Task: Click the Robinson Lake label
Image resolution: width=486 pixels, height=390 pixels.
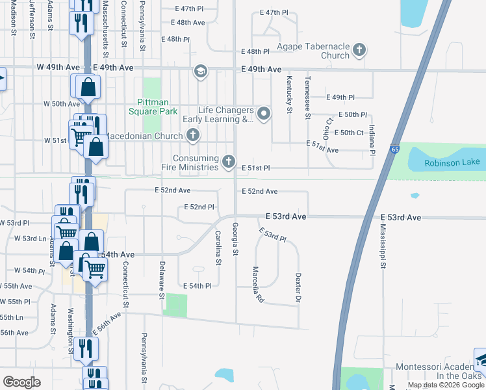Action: click(x=452, y=162)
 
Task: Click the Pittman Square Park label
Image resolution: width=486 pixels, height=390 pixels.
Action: click(x=157, y=107)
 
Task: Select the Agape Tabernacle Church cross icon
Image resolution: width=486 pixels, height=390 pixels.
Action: click(x=359, y=49)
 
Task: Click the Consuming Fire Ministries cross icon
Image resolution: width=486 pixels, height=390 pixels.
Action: click(x=228, y=161)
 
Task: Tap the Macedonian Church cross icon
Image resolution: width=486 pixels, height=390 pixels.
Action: click(x=192, y=136)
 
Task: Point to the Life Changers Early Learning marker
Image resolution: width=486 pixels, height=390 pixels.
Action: click(x=264, y=114)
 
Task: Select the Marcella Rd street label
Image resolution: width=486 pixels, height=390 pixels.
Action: click(x=257, y=285)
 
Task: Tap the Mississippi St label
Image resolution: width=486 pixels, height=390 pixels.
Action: click(x=383, y=248)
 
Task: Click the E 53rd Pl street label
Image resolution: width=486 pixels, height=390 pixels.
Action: click(x=272, y=235)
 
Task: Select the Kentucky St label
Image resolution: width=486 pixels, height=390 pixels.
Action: click(x=288, y=94)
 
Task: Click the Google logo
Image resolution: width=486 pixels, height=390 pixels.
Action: click(x=22, y=382)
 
